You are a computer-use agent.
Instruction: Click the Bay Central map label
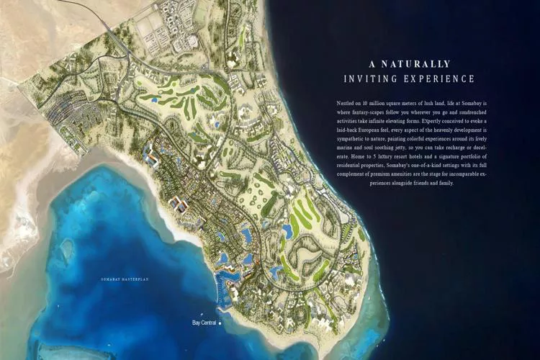coord(204,323)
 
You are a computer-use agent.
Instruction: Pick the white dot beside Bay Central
coord(220,323)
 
